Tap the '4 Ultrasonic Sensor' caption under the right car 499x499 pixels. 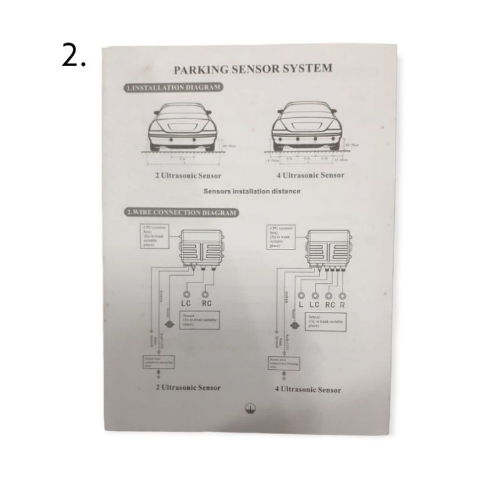point(310,175)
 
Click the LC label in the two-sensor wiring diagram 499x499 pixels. point(187,303)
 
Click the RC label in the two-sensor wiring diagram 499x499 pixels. point(207,303)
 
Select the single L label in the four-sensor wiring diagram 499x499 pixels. point(301,305)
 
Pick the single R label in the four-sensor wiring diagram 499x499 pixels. point(342,305)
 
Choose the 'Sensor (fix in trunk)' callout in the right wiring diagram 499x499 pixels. point(323,321)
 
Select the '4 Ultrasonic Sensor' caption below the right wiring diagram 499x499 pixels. point(308,390)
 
